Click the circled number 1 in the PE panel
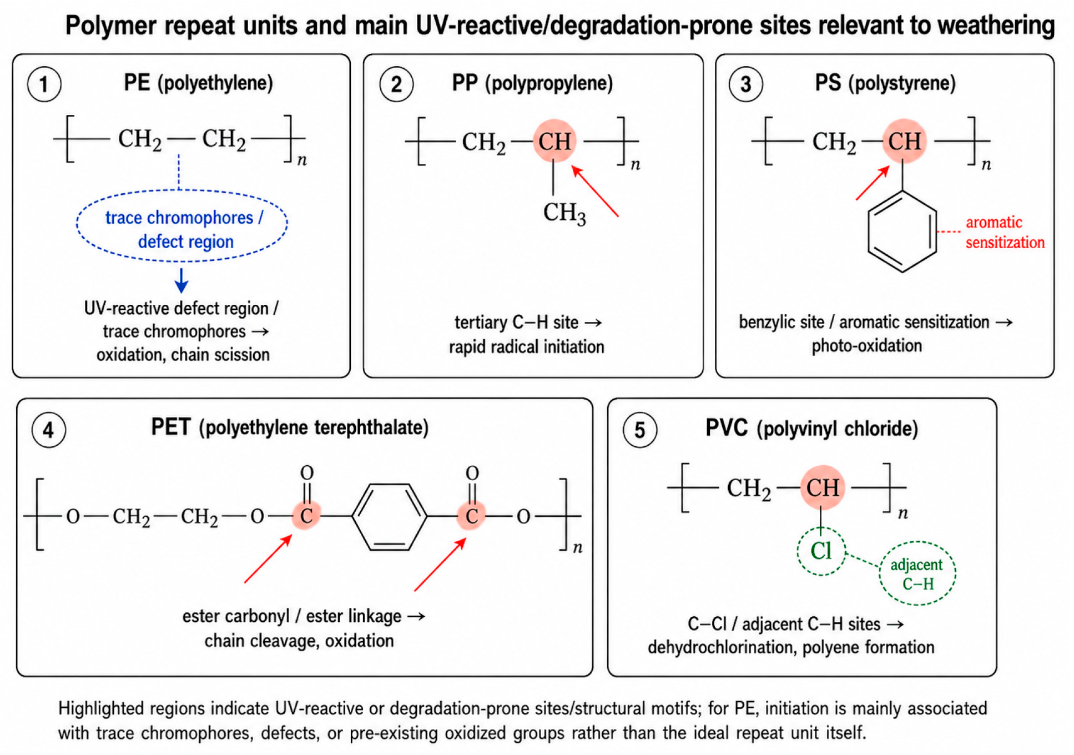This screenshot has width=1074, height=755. tap(44, 84)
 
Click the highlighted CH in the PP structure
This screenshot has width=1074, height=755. tap(554, 141)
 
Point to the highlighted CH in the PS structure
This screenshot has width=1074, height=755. tap(904, 141)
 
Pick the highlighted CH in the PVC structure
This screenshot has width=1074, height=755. tap(822, 487)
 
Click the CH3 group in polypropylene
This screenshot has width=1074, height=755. tap(564, 213)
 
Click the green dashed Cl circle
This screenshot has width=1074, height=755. tap(798, 551)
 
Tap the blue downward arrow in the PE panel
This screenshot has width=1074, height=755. tap(181, 280)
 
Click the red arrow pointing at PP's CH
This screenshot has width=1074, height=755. tap(595, 191)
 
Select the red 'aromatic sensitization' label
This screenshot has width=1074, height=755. tap(1005, 232)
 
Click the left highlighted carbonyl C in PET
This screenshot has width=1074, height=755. tap(306, 516)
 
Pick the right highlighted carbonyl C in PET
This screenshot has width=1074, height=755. tap(471, 516)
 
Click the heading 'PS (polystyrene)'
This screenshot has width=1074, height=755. tap(885, 83)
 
